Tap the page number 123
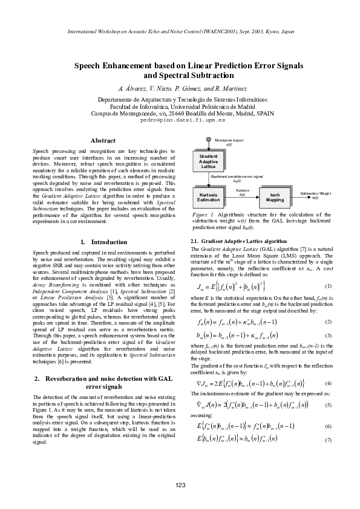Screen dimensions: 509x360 (180, 485)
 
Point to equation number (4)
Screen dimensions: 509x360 (327, 400)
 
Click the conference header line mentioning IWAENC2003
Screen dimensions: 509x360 (180, 31)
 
